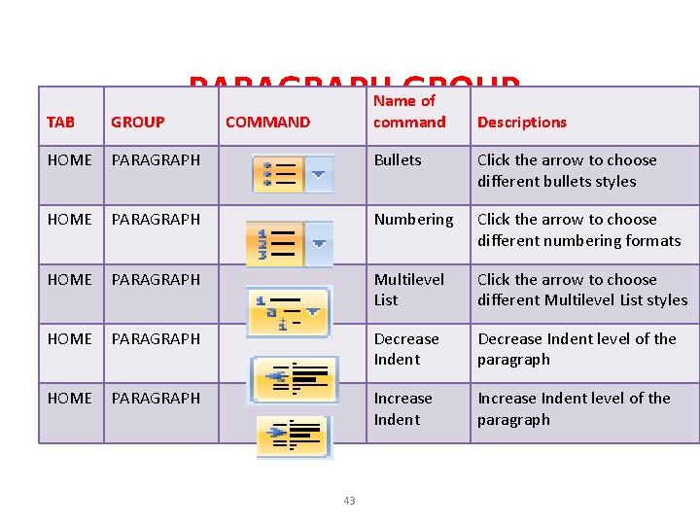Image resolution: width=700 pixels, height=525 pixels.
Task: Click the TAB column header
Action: [60, 122]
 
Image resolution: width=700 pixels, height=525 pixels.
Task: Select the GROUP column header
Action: [137, 122]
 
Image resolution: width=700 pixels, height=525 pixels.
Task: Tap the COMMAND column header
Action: [267, 122]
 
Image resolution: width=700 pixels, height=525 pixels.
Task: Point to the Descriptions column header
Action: [521, 122]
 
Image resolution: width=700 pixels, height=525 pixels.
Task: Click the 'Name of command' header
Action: [409, 111]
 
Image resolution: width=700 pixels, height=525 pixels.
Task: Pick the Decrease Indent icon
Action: [294, 377]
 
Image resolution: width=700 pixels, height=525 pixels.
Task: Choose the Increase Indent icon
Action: [294, 436]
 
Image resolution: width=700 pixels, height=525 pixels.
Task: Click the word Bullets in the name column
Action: [398, 160]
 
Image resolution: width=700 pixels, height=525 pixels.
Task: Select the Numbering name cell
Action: [413, 220]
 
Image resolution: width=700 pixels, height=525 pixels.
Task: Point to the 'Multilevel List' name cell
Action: [408, 289]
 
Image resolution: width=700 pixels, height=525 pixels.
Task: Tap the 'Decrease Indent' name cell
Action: [405, 349]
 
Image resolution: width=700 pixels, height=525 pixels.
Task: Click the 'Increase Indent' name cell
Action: [402, 408]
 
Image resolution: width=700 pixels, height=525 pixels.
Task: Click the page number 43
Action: [349, 501]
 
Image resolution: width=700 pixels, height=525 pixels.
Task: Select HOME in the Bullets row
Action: [69, 160]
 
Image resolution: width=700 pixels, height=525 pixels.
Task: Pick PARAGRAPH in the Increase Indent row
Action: [156, 399]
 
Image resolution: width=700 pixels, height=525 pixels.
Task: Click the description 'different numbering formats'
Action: [578, 240]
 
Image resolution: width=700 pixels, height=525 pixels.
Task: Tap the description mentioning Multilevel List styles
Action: [581, 299]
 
